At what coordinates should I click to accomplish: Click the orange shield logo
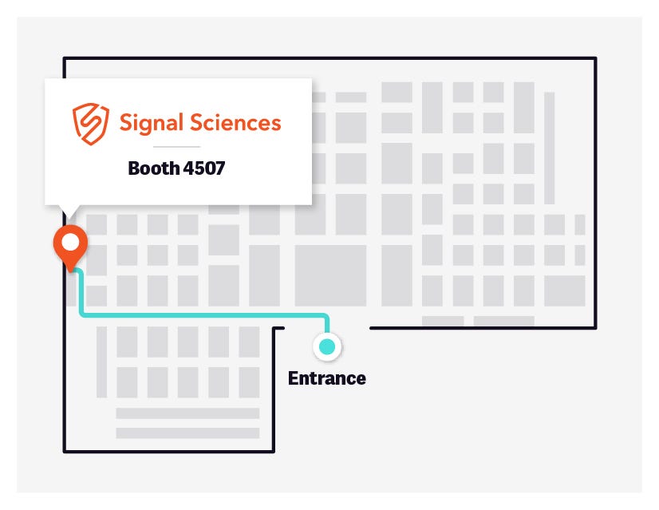tap(89, 124)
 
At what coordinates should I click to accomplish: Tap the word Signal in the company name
tap(155, 123)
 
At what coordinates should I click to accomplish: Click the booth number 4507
tap(204, 168)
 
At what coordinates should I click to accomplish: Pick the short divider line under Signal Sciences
tap(176, 147)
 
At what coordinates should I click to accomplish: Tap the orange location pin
tap(70, 246)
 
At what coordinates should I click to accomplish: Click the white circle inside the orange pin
tap(70, 240)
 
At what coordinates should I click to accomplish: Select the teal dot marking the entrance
tap(326, 346)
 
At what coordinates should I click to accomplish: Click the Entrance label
tap(326, 378)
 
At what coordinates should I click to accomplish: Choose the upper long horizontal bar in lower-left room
tap(187, 413)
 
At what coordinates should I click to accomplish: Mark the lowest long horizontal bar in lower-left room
tap(187, 433)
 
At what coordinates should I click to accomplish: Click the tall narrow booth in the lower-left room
tap(101, 362)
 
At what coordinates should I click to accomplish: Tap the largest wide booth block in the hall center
tap(330, 275)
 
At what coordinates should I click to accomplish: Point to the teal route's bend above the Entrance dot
tap(326, 316)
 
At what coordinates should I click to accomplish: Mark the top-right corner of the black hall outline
tap(595, 58)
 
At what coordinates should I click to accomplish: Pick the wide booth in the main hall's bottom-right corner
tap(564, 291)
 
